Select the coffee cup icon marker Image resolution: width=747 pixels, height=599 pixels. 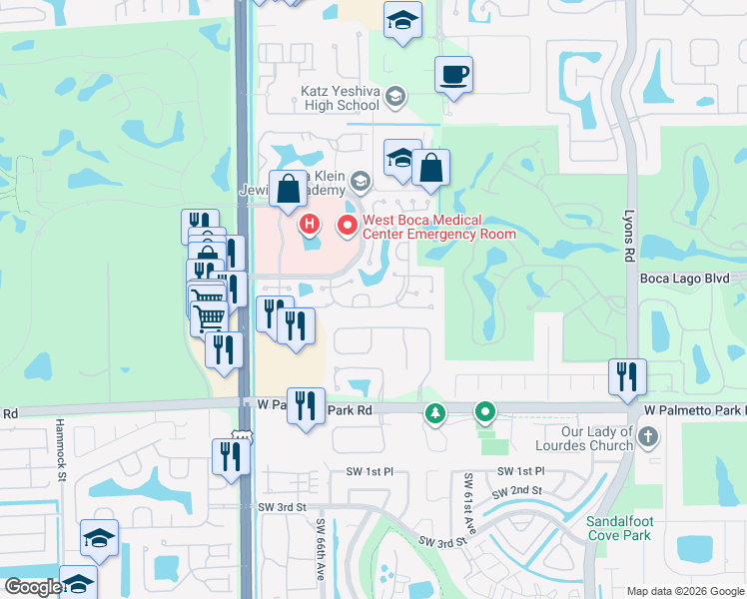pyautogui.click(x=453, y=75)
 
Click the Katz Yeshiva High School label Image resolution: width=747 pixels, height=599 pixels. pyautogui.click(x=341, y=97)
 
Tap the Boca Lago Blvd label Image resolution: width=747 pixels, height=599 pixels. pyautogui.click(x=692, y=279)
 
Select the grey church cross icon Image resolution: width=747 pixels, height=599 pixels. pyautogui.click(x=648, y=436)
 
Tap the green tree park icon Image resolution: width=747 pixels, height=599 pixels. pyautogui.click(x=434, y=411)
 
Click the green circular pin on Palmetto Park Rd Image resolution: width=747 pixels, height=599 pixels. pyautogui.click(x=485, y=410)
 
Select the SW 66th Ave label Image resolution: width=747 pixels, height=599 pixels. pyautogui.click(x=322, y=543)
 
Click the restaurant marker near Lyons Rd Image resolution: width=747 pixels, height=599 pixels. pyautogui.click(x=628, y=375)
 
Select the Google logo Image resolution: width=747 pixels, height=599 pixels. pyautogui.click(x=32, y=587)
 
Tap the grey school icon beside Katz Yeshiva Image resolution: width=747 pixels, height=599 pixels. pyautogui.click(x=395, y=97)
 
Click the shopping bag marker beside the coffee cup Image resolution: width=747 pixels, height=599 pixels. pyautogui.click(x=430, y=169)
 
